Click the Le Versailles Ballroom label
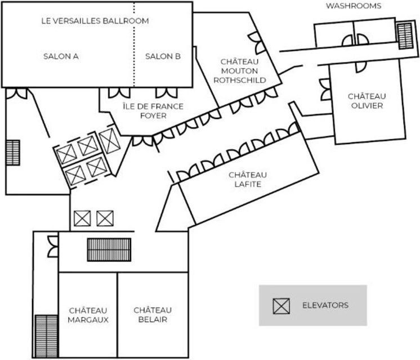[x=95, y=21]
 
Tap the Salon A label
[x=61, y=56]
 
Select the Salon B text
[x=163, y=56]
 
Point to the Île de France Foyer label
[x=153, y=111]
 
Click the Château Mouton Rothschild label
[x=240, y=71]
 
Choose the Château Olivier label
[x=367, y=101]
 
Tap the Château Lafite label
[x=248, y=179]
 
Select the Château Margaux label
[x=88, y=315]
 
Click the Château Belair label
[x=153, y=315]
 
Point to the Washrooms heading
[x=354, y=6]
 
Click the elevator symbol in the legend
[x=282, y=306]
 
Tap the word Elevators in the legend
[x=325, y=305]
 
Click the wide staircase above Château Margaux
[x=109, y=250]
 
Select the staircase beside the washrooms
[x=405, y=36]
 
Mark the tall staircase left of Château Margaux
[x=46, y=336]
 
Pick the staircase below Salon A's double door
[x=12, y=153]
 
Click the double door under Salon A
[x=16, y=94]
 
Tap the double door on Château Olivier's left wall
[x=325, y=90]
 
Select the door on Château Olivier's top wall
[x=361, y=66]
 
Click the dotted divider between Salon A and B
[x=134, y=45]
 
